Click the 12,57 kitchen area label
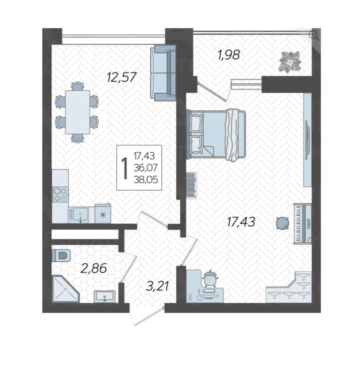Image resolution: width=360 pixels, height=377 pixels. tap(122, 77)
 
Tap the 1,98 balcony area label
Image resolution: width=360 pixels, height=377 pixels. tap(228, 54)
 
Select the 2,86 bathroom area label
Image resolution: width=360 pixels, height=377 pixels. tap(93, 268)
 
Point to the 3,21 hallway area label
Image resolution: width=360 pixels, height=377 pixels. tap(158, 286)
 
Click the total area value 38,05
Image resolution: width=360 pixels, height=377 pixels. tap(146, 179)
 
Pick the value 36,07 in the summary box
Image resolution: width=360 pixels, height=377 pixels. tap(146, 168)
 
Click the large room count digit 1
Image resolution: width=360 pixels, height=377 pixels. tap(125, 169)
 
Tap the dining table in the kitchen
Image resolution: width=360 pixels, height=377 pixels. tap(78, 112)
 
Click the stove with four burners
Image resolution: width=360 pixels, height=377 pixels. tap(61, 194)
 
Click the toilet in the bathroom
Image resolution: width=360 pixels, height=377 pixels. tap(61, 255)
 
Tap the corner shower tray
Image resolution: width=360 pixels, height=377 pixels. tap(65, 289)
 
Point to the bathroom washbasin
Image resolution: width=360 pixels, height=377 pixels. tap(104, 296)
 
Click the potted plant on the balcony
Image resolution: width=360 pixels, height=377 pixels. tap(290, 62)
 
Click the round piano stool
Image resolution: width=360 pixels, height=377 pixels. tap(282, 223)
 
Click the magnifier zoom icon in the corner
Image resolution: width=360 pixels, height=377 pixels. tap(314, 35)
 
